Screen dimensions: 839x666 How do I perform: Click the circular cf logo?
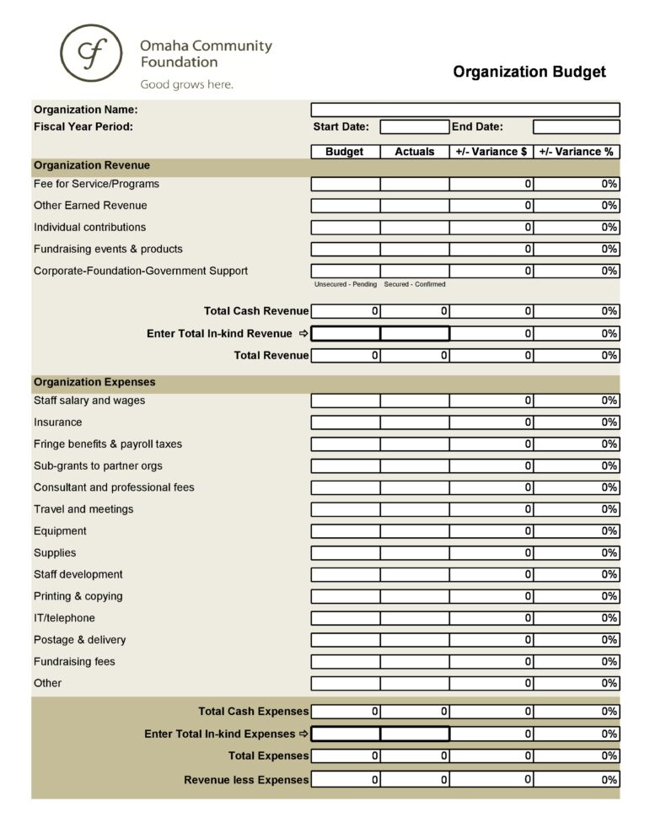click(89, 53)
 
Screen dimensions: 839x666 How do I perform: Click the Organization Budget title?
click(529, 72)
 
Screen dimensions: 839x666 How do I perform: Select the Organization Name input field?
click(465, 110)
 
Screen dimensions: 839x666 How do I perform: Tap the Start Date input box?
click(414, 127)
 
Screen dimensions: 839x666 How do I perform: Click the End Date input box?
click(576, 127)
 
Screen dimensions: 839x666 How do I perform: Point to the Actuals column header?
click(414, 152)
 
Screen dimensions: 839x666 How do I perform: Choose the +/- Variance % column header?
click(576, 152)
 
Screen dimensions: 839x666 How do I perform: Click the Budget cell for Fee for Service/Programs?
click(346, 184)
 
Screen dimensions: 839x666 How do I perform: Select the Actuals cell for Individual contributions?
click(414, 228)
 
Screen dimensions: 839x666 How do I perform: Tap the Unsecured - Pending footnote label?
click(346, 285)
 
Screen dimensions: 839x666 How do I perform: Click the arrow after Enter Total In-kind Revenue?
click(303, 334)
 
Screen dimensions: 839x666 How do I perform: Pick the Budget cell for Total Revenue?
click(346, 356)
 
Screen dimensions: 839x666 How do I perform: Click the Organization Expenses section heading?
click(94, 383)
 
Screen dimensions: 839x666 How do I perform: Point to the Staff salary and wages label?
click(89, 401)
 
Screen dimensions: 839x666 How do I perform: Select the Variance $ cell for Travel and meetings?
click(491, 509)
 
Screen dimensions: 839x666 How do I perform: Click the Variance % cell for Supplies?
click(577, 553)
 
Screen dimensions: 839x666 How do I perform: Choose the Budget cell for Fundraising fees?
click(346, 662)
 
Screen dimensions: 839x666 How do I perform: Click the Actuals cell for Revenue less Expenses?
click(414, 780)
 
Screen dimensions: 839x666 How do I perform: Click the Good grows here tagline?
click(186, 84)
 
